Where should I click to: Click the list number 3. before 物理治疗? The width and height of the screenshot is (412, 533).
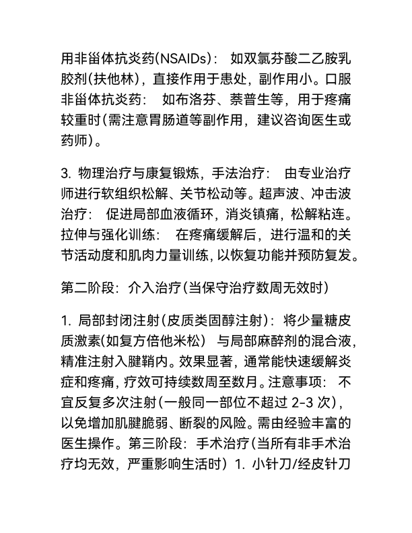coord(67,174)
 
